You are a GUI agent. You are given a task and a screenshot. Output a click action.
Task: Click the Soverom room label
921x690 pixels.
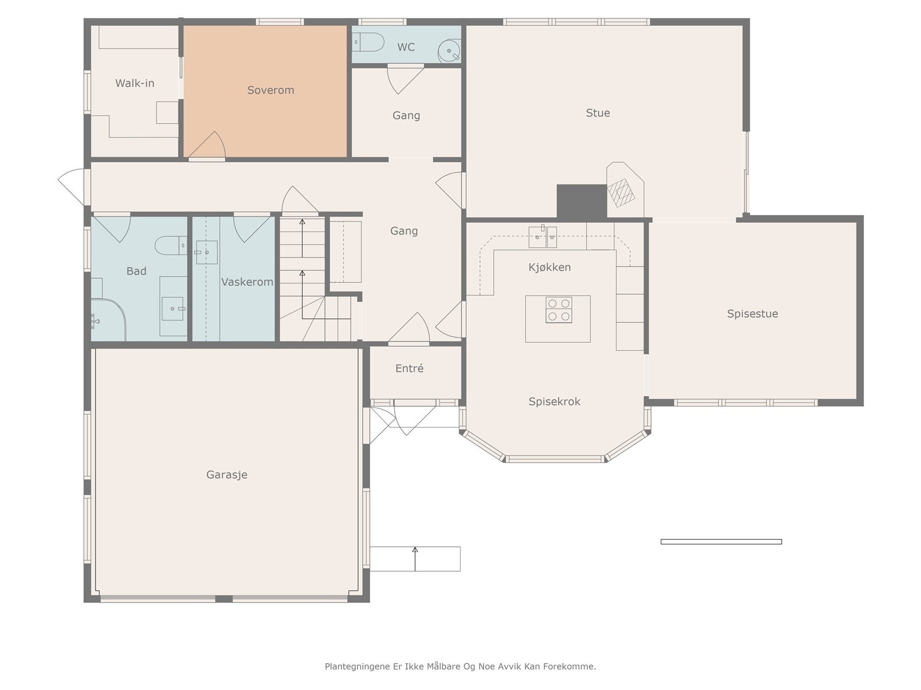pyautogui.click(x=271, y=90)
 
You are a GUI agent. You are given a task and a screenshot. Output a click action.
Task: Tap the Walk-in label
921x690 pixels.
pyautogui.click(x=135, y=83)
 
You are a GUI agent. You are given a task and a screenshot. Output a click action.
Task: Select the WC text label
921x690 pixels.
pyautogui.click(x=406, y=47)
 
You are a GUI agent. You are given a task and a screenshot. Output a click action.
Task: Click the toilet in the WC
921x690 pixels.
pyautogui.click(x=368, y=42)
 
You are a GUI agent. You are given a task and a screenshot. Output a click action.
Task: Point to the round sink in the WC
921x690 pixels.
pyautogui.click(x=449, y=51)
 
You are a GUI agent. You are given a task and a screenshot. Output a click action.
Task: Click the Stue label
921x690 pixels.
pyautogui.click(x=597, y=113)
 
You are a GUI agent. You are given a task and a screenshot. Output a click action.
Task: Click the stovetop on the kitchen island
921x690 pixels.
pyautogui.click(x=558, y=309)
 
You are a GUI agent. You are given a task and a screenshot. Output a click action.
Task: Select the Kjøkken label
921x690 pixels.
pyautogui.click(x=550, y=267)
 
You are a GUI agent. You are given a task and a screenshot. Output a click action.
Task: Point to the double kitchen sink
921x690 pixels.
pyautogui.click(x=543, y=237)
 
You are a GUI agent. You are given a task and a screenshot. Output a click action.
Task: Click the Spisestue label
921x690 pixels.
pyautogui.click(x=752, y=314)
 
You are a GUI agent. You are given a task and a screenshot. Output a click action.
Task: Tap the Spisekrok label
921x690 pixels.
pyautogui.click(x=554, y=401)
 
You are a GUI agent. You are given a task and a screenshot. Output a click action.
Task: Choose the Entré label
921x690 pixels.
pyautogui.click(x=409, y=368)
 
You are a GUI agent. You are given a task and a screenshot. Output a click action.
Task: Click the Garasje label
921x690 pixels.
pyautogui.click(x=227, y=475)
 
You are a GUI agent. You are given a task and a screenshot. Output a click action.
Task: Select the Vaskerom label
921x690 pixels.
pyautogui.click(x=247, y=282)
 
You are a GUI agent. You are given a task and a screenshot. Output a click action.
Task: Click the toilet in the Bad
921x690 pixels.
pyautogui.click(x=171, y=246)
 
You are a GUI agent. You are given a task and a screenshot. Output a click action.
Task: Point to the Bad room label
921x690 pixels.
pyautogui.click(x=136, y=271)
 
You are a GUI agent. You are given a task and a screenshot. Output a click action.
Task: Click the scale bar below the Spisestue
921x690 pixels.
pyautogui.click(x=721, y=542)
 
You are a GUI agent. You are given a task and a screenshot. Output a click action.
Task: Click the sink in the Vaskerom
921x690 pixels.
pyautogui.click(x=206, y=252)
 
